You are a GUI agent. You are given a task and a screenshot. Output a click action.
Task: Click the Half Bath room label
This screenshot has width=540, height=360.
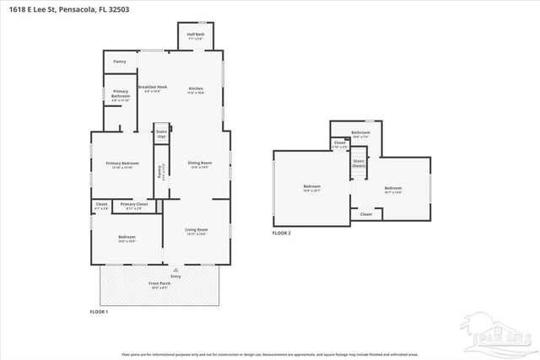196,35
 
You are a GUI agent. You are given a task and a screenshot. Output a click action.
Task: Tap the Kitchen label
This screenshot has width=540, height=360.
196,89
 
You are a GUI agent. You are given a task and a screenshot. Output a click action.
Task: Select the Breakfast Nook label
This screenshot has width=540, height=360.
153,88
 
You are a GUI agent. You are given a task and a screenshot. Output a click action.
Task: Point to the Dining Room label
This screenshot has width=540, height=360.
199,164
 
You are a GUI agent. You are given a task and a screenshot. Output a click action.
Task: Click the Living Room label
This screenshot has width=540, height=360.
197,230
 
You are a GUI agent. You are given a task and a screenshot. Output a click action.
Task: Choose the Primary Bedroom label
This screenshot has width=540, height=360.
122,164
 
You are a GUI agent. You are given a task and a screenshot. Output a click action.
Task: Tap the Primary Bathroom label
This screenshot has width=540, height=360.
121,97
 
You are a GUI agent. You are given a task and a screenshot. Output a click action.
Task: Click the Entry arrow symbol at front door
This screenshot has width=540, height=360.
175,271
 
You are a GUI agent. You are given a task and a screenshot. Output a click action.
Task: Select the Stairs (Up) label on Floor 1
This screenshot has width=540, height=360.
161,134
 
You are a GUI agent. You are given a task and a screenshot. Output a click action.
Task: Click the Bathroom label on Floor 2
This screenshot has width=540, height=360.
361,132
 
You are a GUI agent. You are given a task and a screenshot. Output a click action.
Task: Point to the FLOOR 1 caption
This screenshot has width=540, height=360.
100,312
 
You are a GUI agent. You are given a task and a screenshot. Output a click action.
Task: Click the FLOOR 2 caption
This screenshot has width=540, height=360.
281,232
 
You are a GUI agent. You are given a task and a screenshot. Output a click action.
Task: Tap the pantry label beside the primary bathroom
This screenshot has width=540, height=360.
119,62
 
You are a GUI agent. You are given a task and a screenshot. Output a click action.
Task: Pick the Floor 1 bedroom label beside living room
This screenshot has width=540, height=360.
127,238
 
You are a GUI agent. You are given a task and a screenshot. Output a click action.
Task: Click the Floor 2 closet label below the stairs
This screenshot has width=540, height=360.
365,214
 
